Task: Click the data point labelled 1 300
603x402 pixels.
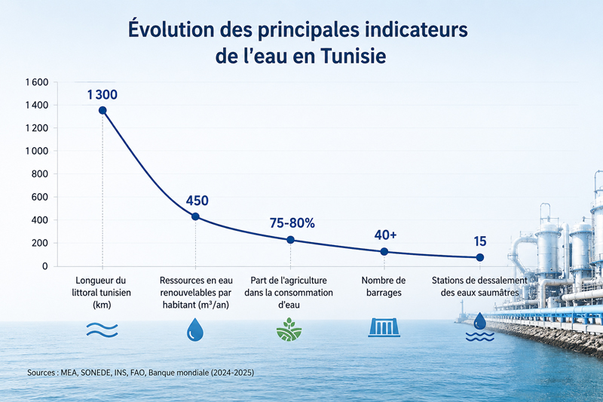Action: pyautogui.click(x=103, y=110)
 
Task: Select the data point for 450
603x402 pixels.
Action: pyautogui.click(x=195, y=216)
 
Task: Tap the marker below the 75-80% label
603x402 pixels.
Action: pyautogui.click(x=291, y=240)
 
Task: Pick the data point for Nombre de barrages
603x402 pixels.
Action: pyautogui.click(x=384, y=252)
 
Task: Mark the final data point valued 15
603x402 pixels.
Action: pyautogui.click(x=480, y=257)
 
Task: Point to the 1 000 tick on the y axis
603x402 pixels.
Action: pyautogui.click(x=37, y=151)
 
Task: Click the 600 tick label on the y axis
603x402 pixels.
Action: pyautogui.click(x=40, y=197)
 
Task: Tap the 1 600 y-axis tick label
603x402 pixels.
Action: pyautogui.click(x=37, y=82)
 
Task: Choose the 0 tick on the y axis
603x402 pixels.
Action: pyautogui.click(x=45, y=266)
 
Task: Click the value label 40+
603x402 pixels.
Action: pyautogui.click(x=385, y=235)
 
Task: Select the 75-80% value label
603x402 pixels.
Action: pyautogui.click(x=292, y=223)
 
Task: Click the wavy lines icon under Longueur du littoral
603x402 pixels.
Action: pyautogui.click(x=102, y=330)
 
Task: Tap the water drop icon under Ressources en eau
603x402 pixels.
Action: pyautogui.click(x=195, y=330)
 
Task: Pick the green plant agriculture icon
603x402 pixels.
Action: pyautogui.click(x=289, y=330)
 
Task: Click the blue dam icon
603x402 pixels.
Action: pyautogui.click(x=384, y=327)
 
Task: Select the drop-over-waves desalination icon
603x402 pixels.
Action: pyautogui.click(x=480, y=327)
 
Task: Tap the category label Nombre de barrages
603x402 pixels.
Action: pyautogui.click(x=384, y=287)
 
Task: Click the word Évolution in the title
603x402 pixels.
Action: pyautogui.click(x=171, y=29)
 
